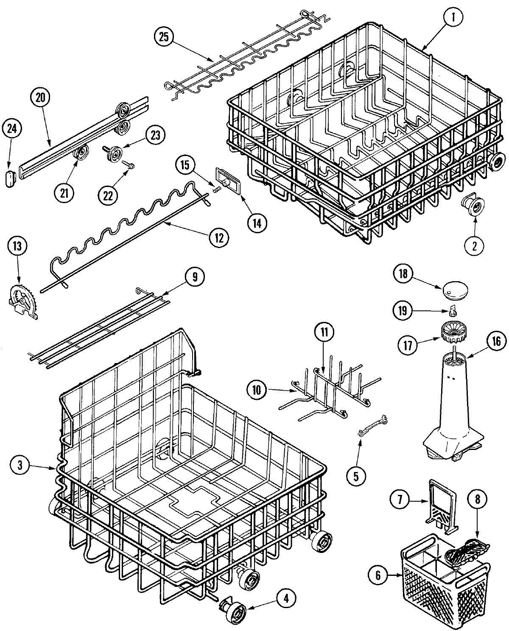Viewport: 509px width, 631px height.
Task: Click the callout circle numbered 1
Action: (454, 17)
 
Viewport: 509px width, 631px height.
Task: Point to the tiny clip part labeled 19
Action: (454, 312)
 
